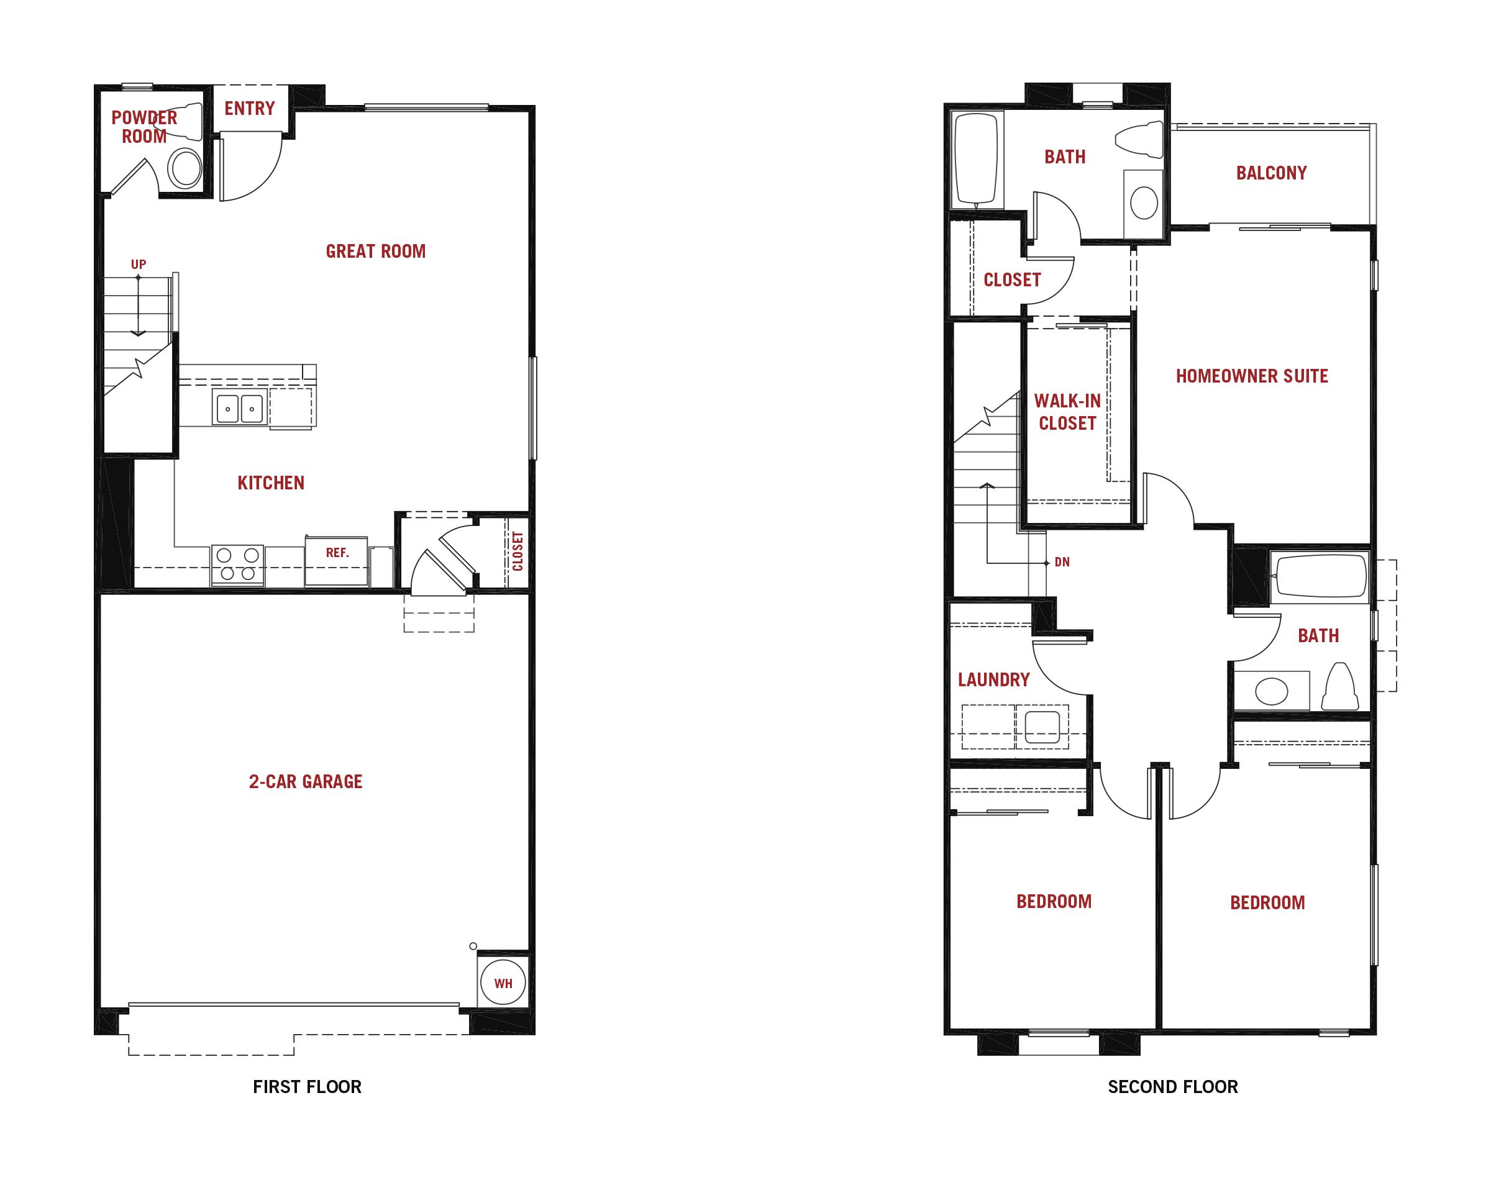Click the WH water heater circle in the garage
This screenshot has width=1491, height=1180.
coord(503,982)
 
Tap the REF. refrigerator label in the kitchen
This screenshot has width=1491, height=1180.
coord(337,553)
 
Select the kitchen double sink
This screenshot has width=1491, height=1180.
coord(240,408)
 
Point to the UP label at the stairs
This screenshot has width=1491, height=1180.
coord(138,264)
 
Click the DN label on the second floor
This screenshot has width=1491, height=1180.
coord(1062,563)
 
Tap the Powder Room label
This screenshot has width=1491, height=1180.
coord(144,127)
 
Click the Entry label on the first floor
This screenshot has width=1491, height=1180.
coord(249,109)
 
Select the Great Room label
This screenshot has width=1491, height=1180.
coord(376,252)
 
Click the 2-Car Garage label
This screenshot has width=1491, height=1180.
coord(306,781)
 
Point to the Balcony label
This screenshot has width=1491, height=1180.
coord(1271,173)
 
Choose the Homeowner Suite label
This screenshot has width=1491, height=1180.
coord(1252,376)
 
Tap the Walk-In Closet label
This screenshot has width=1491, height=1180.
coord(1067,412)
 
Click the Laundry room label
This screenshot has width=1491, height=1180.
coord(993,680)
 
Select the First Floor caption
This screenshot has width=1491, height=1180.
coord(307,1087)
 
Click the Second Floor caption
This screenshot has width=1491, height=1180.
coord(1172,1087)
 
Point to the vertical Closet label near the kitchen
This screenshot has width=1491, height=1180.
coord(518,551)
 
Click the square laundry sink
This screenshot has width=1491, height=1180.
coord(1042,727)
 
